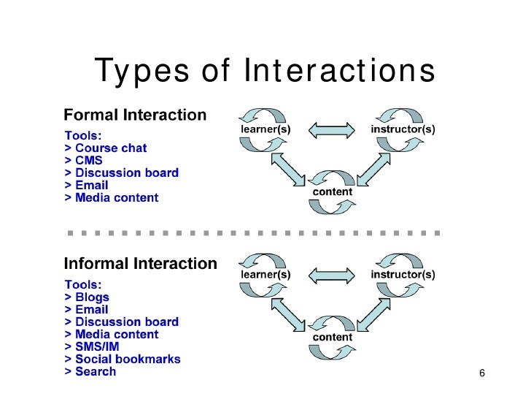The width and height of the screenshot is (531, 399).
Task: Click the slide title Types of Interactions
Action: (265, 72)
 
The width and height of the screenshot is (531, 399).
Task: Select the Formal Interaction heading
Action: (135, 115)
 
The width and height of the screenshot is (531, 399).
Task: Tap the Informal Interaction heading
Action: (141, 264)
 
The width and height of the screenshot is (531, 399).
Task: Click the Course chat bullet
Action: (106, 148)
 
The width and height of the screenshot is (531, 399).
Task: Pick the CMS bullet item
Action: (83, 160)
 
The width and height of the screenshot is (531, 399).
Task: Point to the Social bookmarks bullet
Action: (122, 359)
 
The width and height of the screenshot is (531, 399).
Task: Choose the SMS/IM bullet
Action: (95, 346)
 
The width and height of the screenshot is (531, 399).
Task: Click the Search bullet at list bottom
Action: (90, 371)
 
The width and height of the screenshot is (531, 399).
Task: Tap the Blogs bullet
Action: (87, 297)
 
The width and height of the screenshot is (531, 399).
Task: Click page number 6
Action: (482, 374)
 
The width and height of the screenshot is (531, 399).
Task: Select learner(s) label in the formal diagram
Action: (265, 129)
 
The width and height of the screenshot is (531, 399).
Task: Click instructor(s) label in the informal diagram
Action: (403, 275)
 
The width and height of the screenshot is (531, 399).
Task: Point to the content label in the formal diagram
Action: (332, 192)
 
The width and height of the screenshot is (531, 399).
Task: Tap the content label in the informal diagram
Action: (332, 338)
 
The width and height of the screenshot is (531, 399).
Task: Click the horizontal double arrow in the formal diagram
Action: (332, 130)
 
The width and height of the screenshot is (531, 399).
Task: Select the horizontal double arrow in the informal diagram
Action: (332, 275)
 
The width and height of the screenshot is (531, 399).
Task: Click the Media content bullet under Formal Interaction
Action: (112, 197)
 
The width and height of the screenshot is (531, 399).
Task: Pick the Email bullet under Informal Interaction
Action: (86, 309)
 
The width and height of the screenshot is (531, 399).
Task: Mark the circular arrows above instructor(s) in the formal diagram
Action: (399, 113)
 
